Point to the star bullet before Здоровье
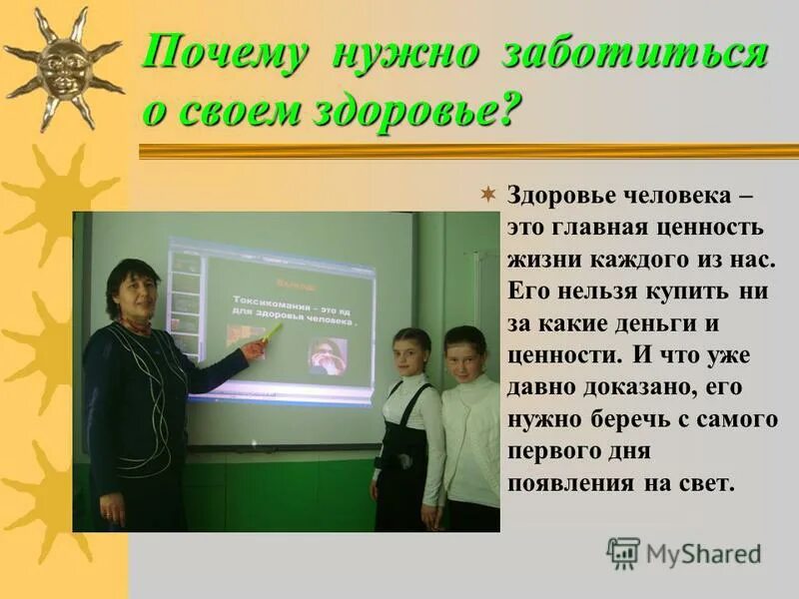tap(488, 193)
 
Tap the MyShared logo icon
tap(623, 553)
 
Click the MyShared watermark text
tap(703, 554)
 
